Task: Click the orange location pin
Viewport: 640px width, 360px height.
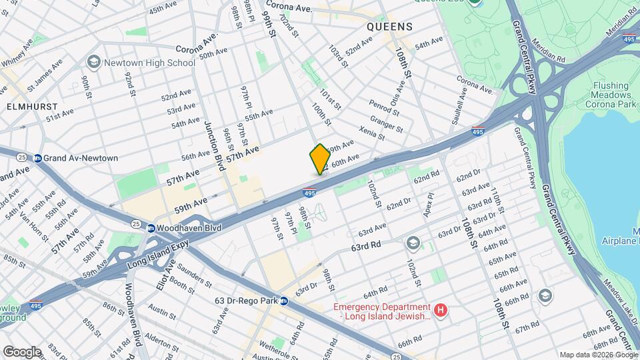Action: [320, 159]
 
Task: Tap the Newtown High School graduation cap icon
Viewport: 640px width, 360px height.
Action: [93, 63]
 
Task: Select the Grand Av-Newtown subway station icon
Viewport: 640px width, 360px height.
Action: [38, 158]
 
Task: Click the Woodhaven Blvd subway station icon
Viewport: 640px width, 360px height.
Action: [152, 227]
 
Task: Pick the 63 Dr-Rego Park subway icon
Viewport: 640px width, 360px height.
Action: [283, 301]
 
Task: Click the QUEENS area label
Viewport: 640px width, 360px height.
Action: [389, 27]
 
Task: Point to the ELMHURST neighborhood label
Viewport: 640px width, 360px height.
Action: [31, 107]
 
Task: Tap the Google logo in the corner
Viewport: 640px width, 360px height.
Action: [21, 351]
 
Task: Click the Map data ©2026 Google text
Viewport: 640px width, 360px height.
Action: [598, 355]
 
